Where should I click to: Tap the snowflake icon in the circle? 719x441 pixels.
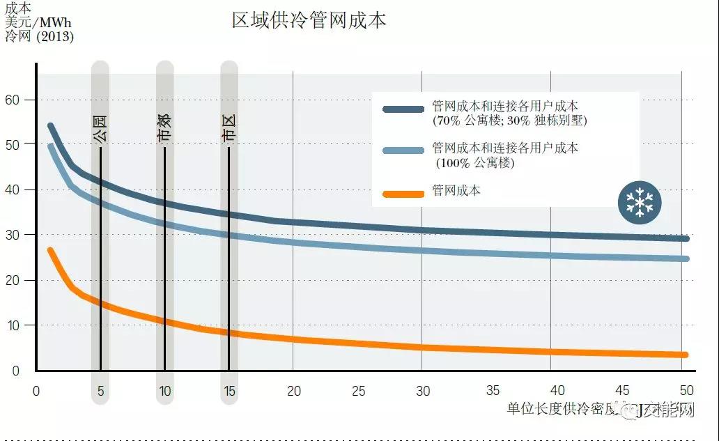tap(640, 203)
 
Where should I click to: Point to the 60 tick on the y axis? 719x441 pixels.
tap(13, 100)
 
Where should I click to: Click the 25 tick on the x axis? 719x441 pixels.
tap(358, 392)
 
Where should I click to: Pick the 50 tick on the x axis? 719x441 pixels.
tap(687, 391)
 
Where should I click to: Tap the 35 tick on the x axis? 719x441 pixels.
tap(493, 392)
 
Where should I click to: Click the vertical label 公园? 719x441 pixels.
tap(100, 130)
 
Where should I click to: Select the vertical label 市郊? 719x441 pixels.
tap(164, 130)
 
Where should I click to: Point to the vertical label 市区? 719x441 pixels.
tap(229, 130)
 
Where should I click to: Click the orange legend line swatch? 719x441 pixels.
tap(403, 193)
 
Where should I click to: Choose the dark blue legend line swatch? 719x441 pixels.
tap(403, 109)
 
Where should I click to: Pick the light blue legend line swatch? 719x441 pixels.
tap(403, 150)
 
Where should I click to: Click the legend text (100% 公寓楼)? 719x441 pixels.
tap(475, 163)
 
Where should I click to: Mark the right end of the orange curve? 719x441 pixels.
tap(686, 355)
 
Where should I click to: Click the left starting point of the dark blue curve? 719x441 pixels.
tap(50, 126)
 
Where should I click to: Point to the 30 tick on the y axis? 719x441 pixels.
tap(13, 235)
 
